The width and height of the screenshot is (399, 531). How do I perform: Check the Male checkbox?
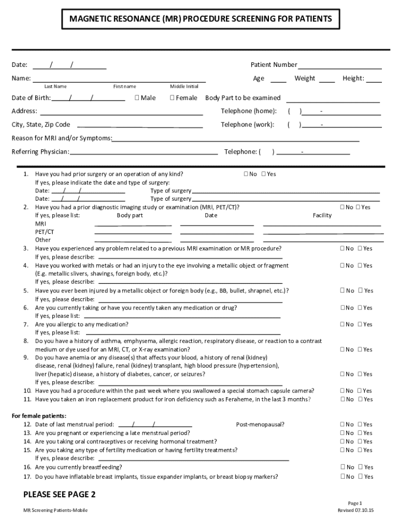(x=137, y=98)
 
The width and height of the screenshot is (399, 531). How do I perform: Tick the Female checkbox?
(x=173, y=98)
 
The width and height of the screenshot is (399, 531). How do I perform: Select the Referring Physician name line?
(x=144, y=152)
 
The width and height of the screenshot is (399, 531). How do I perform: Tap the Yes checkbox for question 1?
(x=264, y=174)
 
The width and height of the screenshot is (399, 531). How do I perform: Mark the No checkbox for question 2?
(x=342, y=207)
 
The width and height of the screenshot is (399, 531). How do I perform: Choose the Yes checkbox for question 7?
(x=360, y=325)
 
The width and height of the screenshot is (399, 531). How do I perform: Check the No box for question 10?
(x=342, y=391)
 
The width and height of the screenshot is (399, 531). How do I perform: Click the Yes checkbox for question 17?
(x=360, y=477)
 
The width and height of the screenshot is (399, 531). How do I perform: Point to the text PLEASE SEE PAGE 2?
(x=60, y=494)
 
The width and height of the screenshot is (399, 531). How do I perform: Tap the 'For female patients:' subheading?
(x=39, y=416)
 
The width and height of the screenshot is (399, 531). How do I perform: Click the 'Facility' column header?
(x=322, y=215)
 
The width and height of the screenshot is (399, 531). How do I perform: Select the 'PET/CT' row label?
(x=44, y=232)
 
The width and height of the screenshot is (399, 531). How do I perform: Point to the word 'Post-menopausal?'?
(x=260, y=424)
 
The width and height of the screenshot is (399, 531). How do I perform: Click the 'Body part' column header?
(x=130, y=215)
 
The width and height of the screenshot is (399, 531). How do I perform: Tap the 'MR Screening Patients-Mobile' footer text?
(x=55, y=510)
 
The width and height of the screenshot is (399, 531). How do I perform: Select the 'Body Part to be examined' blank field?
(x=333, y=99)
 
